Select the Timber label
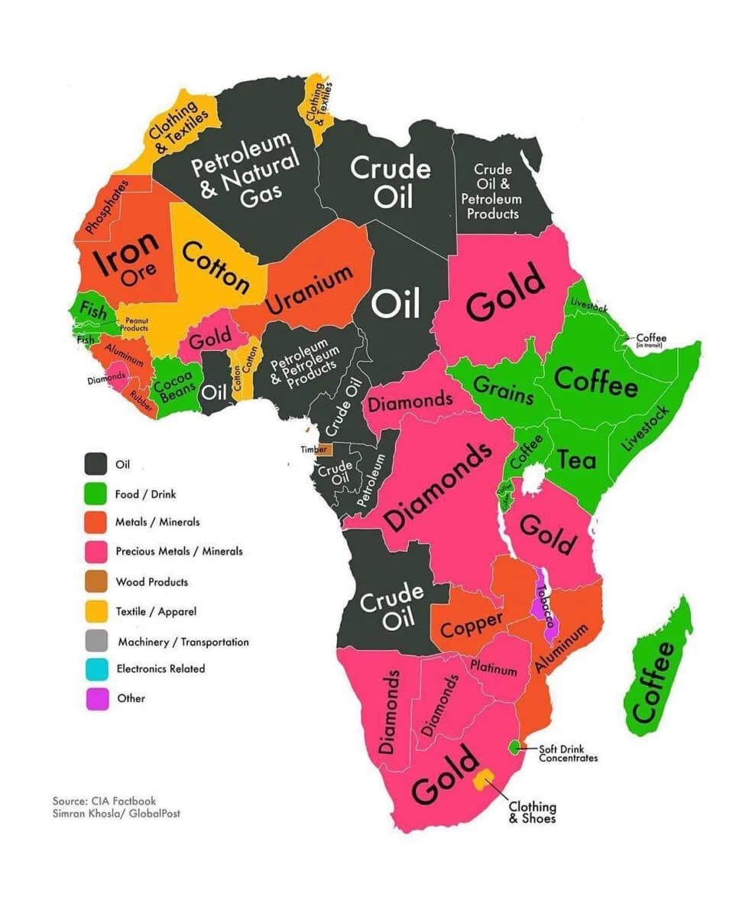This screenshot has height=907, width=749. click(313, 450)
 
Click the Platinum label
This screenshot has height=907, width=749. click(494, 668)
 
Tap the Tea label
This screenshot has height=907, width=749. click(576, 459)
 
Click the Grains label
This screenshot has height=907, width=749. click(504, 389)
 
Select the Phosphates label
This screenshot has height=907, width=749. click(107, 206)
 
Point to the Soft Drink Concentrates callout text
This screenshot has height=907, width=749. click(568, 753)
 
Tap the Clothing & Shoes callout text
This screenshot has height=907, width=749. click(533, 813)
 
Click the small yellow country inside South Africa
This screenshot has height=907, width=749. click(483, 779)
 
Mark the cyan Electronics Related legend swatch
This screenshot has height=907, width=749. click(96, 668)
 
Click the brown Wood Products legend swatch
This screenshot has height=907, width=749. click(96, 582)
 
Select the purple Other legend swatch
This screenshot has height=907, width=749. click(96, 698)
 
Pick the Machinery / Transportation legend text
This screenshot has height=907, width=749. click(183, 642)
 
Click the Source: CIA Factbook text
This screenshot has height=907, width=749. click(104, 801)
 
